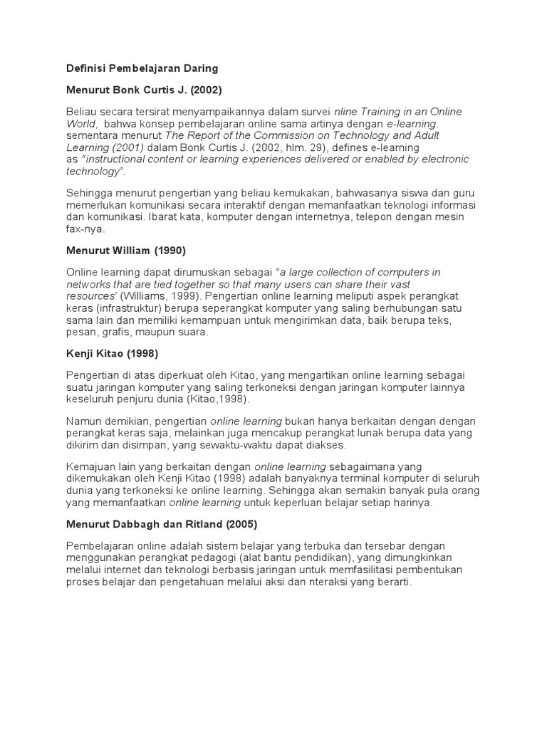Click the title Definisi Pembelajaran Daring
[142, 68]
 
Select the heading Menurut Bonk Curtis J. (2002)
[144, 90]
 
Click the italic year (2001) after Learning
[135, 147]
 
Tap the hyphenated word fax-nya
[85, 229]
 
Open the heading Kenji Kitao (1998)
[112, 354]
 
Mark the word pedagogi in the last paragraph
[230, 558]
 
